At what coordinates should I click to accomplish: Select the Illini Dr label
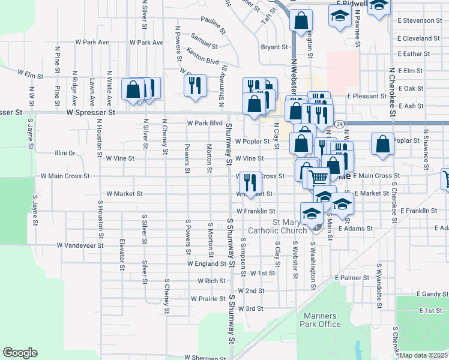coord(64,153)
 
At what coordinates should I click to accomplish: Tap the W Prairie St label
coord(208,298)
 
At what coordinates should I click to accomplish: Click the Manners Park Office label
coord(322,320)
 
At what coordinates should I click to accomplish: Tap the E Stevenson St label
coord(419,20)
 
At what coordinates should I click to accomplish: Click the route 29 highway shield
coord(340,124)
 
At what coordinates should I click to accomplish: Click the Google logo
coord(20,352)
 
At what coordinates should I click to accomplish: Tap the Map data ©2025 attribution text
coord(424,355)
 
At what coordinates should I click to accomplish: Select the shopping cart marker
coord(319,176)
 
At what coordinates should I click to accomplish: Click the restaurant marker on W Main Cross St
coord(249,181)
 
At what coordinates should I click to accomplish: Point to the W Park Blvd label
coord(205,123)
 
